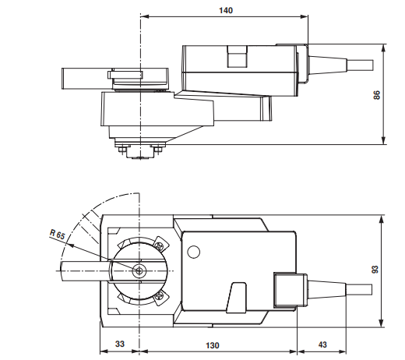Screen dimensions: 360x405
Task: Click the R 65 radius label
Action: coord(57,235)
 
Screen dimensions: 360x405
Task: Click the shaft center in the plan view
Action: coord(139,270)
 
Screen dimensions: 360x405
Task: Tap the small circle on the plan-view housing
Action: coord(192,251)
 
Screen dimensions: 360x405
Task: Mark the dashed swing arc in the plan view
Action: coord(88,215)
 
